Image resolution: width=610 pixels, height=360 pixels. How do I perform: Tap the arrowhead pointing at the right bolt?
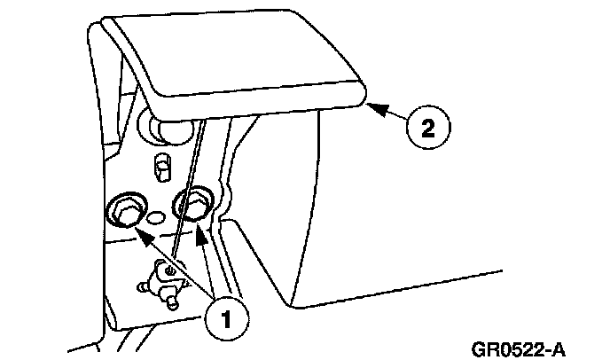pyautogui.click(x=201, y=232)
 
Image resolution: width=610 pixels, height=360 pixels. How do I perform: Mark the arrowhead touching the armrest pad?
pyautogui.click(x=371, y=107)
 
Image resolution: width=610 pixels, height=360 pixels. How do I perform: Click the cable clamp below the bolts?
pyautogui.click(x=162, y=280)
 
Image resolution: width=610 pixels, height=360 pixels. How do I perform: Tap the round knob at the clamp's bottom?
pyautogui.click(x=173, y=301)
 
